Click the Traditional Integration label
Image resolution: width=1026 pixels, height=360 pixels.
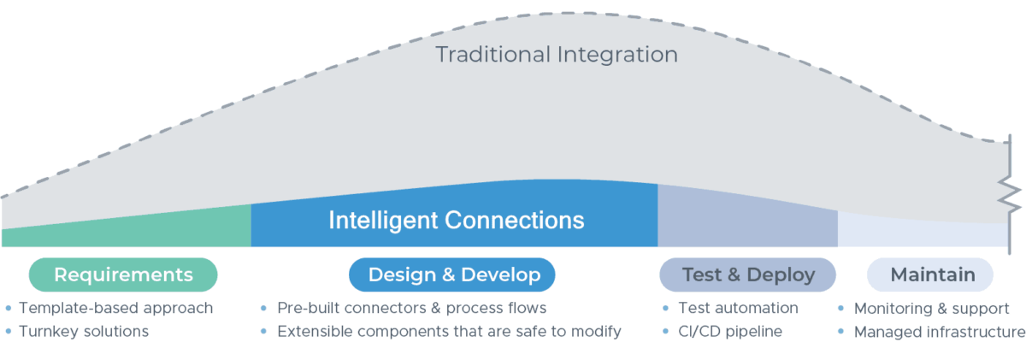pyautogui.click(x=557, y=55)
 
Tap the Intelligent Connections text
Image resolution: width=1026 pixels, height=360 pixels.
pyautogui.click(x=457, y=220)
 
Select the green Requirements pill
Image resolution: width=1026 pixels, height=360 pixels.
pyautogui.click(x=123, y=274)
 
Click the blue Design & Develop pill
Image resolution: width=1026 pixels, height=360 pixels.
pyautogui.click(x=452, y=274)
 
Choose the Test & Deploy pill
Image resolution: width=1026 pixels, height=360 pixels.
pyautogui.click(x=747, y=274)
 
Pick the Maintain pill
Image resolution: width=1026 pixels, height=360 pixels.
pyautogui.click(x=930, y=274)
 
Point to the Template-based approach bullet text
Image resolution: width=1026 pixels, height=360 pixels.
pyautogui.click(x=115, y=308)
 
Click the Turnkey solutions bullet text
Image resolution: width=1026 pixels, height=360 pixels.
pyautogui.click(x=84, y=331)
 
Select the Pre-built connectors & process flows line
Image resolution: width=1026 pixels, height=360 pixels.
pyautogui.click(x=411, y=308)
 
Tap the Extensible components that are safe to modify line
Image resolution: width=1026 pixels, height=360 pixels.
pyautogui.click(x=449, y=331)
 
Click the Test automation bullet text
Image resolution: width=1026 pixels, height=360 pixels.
pyautogui.click(x=738, y=308)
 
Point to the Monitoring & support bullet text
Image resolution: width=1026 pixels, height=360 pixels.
pyautogui.click(x=932, y=308)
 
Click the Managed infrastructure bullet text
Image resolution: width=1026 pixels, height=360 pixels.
pyautogui.click(x=939, y=331)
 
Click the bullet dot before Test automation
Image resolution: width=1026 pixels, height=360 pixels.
pyautogui.click(x=666, y=308)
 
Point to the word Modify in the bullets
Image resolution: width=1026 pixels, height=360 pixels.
pyautogui.click(x=597, y=331)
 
